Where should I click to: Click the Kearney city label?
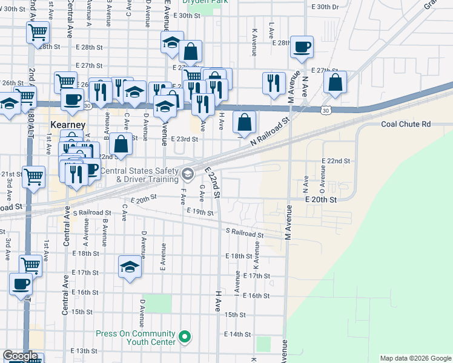point(65,124)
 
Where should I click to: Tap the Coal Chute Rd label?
point(405,125)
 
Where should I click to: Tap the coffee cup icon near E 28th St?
point(302,47)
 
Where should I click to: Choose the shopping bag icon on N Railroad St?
point(243,123)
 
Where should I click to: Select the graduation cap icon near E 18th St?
point(130,267)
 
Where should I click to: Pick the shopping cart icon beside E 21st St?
point(34,177)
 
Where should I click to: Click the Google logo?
point(19,356)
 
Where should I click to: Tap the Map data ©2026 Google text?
point(415,358)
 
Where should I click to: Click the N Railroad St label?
point(271,131)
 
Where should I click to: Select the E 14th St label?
point(237,334)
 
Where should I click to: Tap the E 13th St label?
point(84,351)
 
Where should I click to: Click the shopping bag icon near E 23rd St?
point(121,145)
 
